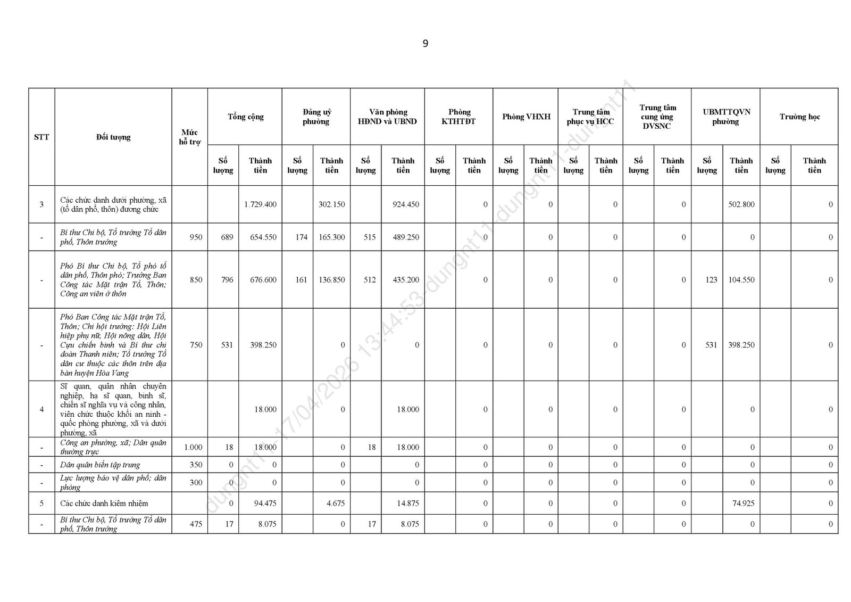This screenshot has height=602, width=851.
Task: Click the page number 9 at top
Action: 425,44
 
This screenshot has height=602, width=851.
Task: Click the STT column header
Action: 41,137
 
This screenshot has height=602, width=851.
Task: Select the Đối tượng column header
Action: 113,137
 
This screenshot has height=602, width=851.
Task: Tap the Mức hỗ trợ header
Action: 189,137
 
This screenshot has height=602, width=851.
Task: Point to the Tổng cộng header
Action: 245,117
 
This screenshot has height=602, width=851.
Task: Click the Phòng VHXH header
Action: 526,117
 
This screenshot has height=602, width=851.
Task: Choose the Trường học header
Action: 799,117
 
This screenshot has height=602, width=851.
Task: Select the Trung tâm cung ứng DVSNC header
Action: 657,117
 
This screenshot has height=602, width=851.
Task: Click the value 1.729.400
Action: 260,204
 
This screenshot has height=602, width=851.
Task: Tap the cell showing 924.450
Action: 405,204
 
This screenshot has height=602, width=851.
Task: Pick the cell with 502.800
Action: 741,204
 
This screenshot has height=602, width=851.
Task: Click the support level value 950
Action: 196,237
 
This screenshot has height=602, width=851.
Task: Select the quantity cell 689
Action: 227,237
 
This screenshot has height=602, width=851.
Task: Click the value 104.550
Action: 741,279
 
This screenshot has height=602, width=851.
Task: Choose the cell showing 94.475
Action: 264,503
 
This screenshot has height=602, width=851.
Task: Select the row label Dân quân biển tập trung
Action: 100,465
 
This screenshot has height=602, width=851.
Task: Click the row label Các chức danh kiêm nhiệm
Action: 104,503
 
